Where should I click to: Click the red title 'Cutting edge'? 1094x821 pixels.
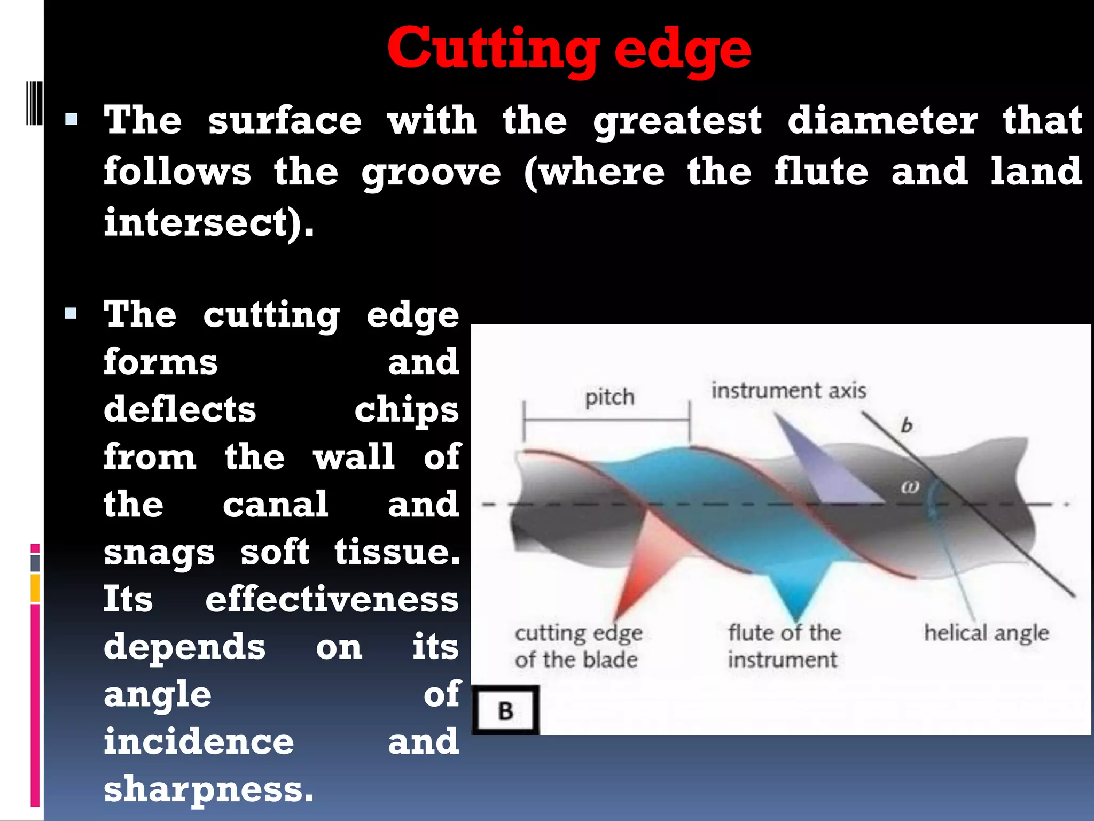[x=569, y=49]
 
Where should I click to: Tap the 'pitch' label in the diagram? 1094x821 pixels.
[x=609, y=398]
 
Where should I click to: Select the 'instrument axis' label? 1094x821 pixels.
[x=788, y=391]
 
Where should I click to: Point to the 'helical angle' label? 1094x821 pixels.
[x=987, y=633]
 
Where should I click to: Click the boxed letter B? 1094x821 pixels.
[x=505, y=711]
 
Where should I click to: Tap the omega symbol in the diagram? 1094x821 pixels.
[x=910, y=487]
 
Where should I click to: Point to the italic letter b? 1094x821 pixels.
[x=907, y=425]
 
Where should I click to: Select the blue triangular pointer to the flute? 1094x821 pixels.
[x=798, y=588]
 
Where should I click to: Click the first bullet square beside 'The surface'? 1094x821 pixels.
[x=71, y=119]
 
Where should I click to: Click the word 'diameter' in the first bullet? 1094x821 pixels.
[x=882, y=120]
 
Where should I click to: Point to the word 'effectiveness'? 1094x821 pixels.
[x=332, y=599]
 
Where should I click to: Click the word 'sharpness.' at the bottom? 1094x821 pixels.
[x=208, y=789]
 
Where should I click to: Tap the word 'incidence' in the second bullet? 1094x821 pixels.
[x=199, y=741]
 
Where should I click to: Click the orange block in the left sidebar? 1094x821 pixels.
[x=35, y=588]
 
